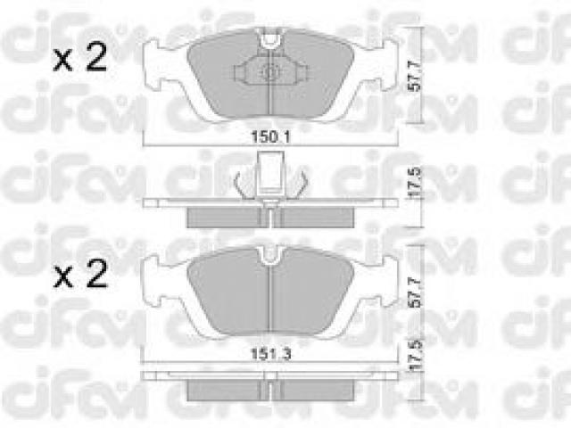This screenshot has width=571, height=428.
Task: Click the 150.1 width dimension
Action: point(270,137)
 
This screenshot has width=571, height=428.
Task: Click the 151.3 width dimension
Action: point(271,353)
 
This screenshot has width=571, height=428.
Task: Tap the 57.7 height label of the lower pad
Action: point(415,293)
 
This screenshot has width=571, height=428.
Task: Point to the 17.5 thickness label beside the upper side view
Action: point(415,182)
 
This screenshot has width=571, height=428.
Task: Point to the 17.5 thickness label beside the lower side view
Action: point(415,355)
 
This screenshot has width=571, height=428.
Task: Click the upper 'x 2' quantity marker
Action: point(80,57)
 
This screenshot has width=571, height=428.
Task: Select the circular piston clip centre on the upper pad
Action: point(269,72)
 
